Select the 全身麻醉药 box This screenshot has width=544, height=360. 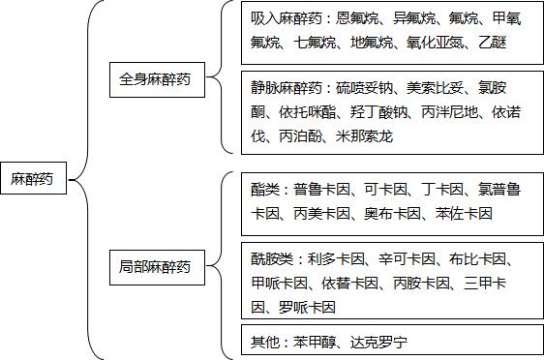coord(162,79)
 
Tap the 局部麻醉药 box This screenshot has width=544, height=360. coord(162,265)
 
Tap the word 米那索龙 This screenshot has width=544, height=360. coord(365,136)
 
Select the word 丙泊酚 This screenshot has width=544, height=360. coord(300,136)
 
